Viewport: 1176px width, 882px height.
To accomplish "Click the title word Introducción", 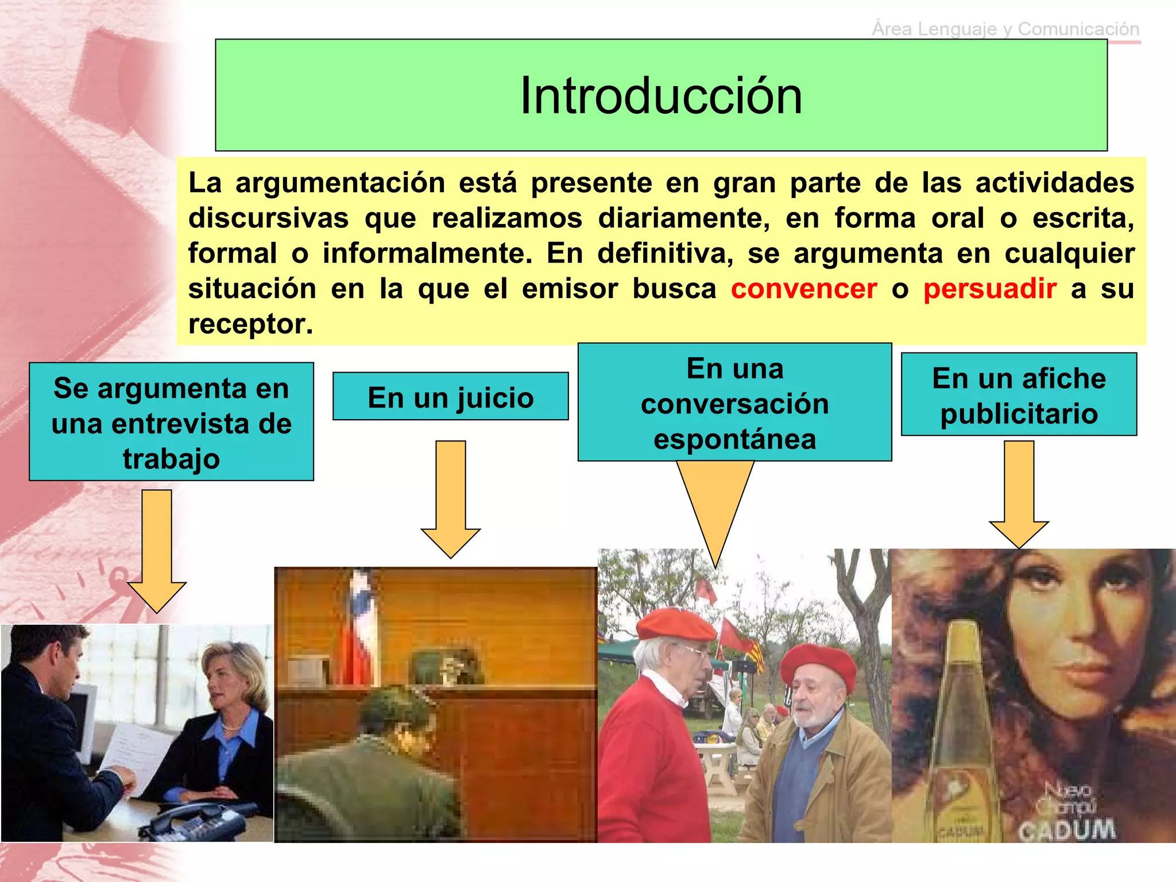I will point(660,96).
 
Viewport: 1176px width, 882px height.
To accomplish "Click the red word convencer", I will point(803,289).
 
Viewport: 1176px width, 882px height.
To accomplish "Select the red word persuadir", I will point(989,289).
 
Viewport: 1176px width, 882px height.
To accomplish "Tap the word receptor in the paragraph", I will point(250,324).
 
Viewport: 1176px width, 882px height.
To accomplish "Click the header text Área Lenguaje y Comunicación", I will point(1005,29).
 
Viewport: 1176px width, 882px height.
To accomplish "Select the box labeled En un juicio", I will point(450,397).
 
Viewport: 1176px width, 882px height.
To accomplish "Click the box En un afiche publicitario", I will point(1019,395).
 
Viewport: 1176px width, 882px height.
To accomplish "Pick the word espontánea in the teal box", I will point(734,440).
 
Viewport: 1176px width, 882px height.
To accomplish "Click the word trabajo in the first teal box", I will point(171,459).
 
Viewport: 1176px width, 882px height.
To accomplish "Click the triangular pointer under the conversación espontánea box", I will point(715,505).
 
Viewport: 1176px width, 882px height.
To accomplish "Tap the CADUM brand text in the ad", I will point(1067,830).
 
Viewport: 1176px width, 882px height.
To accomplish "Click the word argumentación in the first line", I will point(340,183).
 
